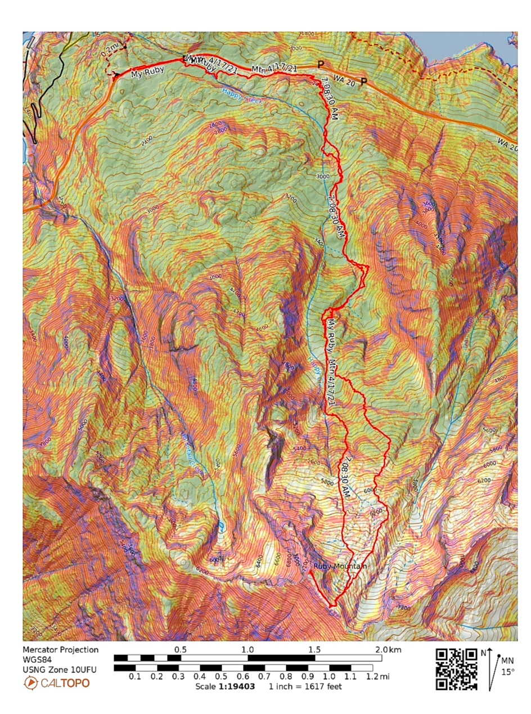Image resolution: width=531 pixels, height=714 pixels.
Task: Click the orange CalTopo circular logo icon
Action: point(30,684)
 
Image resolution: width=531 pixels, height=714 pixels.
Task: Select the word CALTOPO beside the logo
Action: point(64,684)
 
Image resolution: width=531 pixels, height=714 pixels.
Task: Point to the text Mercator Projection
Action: point(60,650)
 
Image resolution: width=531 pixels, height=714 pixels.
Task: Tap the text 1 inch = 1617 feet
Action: point(305,686)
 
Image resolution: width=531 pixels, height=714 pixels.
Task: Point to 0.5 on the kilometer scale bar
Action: point(180,649)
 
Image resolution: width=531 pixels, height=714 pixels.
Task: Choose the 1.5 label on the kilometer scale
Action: point(314,649)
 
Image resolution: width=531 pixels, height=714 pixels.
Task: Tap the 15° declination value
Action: point(507,671)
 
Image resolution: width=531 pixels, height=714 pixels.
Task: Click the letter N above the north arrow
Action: point(484,653)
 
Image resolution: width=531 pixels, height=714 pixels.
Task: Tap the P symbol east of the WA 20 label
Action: point(364,82)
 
